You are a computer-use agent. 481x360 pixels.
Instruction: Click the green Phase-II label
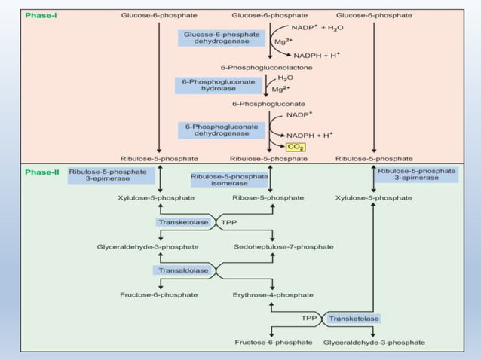coord(41,172)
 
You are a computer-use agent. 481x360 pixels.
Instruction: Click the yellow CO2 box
coord(294,147)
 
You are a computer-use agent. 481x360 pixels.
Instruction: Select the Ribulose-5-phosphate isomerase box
coord(229,180)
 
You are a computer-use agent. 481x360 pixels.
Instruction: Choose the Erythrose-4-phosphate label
coord(268,294)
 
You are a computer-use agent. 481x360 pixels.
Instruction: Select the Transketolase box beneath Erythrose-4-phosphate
coord(354,319)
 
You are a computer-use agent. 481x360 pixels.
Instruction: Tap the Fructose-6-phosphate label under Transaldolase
coord(159,294)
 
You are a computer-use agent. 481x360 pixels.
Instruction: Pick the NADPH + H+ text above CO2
coord(310,135)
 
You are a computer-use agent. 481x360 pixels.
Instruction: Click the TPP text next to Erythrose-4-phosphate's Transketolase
coord(309,319)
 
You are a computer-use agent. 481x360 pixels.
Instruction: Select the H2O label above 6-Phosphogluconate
coord(286,78)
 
